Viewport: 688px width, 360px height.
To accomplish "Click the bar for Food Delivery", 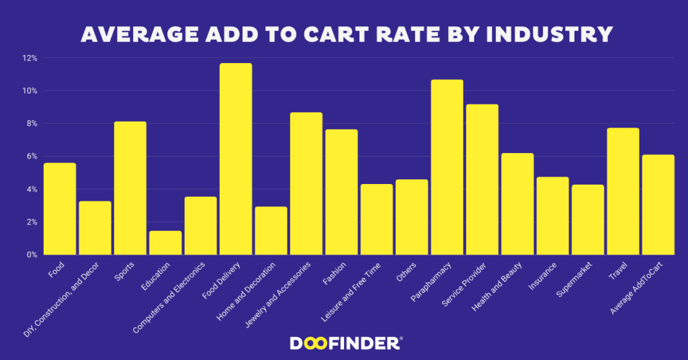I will (236, 159).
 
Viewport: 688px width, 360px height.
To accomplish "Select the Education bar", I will (165, 242).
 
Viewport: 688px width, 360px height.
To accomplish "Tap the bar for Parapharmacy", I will (447, 167).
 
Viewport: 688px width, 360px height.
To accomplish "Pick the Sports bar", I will (130, 188).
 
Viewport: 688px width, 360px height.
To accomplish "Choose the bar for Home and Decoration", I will (271, 230).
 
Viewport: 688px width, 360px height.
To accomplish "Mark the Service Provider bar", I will (482, 179).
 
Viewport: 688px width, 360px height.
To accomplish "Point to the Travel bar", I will (623, 191).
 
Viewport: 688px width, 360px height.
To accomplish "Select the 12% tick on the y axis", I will (29, 58).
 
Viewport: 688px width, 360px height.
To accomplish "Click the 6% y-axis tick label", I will (31, 156).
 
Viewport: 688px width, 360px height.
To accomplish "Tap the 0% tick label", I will (31, 255).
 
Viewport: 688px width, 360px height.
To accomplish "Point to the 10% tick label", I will (29, 91).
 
